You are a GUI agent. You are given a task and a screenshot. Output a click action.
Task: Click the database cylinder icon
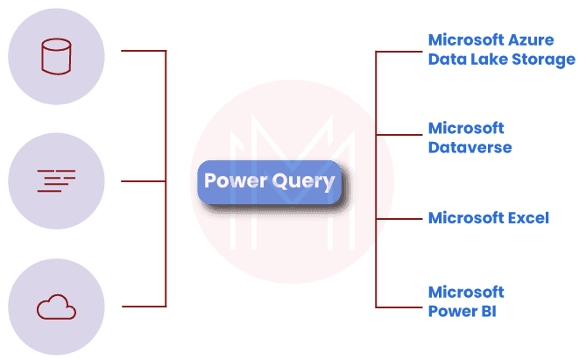tap(56, 57)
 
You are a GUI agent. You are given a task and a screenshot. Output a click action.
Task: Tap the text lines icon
tap(56, 181)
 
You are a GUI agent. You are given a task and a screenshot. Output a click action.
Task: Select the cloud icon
tap(56, 307)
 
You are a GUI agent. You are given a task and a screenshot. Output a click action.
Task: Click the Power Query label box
tap(269, 182)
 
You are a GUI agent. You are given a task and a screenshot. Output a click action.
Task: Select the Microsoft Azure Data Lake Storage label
tap(501, 49)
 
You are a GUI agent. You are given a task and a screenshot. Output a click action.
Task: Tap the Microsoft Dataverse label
tap(470, 138)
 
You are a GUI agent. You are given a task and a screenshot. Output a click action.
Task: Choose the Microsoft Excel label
tap(489, 217)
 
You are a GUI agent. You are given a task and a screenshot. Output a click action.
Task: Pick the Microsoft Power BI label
tap(465, 300)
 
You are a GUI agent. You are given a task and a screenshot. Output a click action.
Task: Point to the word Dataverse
tap(470, 148)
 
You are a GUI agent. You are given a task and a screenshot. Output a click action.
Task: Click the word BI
tap(487, 310)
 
